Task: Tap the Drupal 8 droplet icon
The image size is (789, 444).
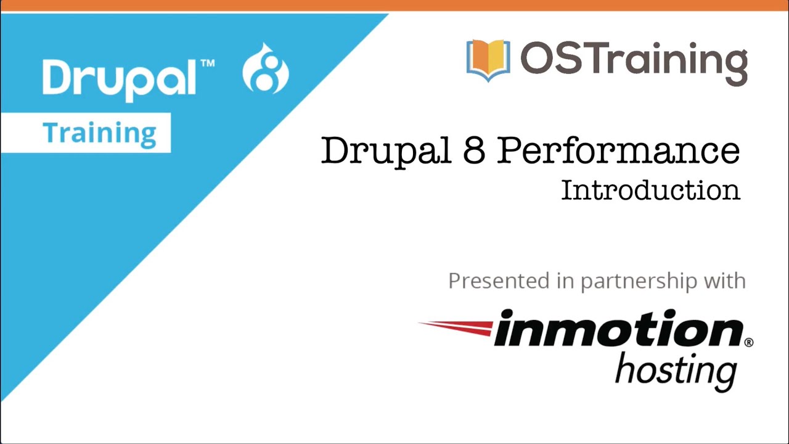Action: point(266,70)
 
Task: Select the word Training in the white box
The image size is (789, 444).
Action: point(99,133)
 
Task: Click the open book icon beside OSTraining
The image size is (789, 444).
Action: point(488,60)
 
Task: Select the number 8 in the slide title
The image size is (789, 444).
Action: point(473,150)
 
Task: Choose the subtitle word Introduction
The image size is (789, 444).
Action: point(650,190)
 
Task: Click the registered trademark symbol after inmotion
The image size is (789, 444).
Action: point(748,342)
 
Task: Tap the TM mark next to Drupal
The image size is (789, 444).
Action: point(208,63)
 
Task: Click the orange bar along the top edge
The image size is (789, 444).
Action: point(394,6)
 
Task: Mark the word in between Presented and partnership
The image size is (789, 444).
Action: point(565,281)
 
